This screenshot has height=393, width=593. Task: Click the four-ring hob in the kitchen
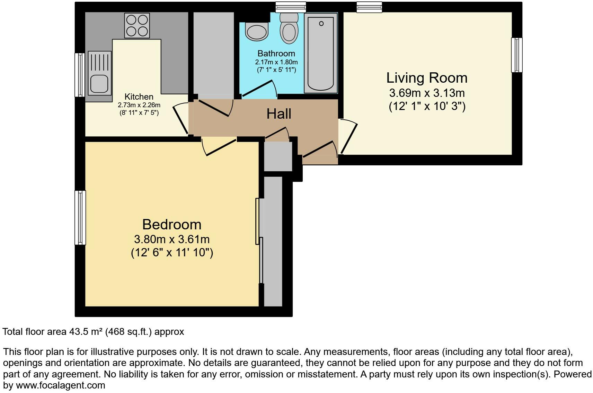click(137, 26)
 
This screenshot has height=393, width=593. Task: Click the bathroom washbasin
click(257, 31)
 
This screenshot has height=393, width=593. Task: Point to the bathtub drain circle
click(321, 24)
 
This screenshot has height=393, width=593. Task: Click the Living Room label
click(427, 78)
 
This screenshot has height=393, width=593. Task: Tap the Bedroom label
click(172, 225)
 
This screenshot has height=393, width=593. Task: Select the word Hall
click(279, 114)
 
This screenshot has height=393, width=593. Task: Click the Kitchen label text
click(139, 97)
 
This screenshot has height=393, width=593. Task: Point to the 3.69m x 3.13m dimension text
click(427, 93)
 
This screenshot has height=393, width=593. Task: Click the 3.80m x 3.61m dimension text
click(172, 239)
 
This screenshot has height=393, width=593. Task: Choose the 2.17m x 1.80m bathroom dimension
click(276, 62)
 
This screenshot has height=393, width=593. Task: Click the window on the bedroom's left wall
click(80, 218)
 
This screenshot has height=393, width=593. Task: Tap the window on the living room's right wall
click(516, 55)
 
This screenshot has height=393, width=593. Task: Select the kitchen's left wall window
click(80, 75)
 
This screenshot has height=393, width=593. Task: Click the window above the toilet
click(291, 7)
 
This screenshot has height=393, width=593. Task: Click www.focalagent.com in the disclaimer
click(60, 385)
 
